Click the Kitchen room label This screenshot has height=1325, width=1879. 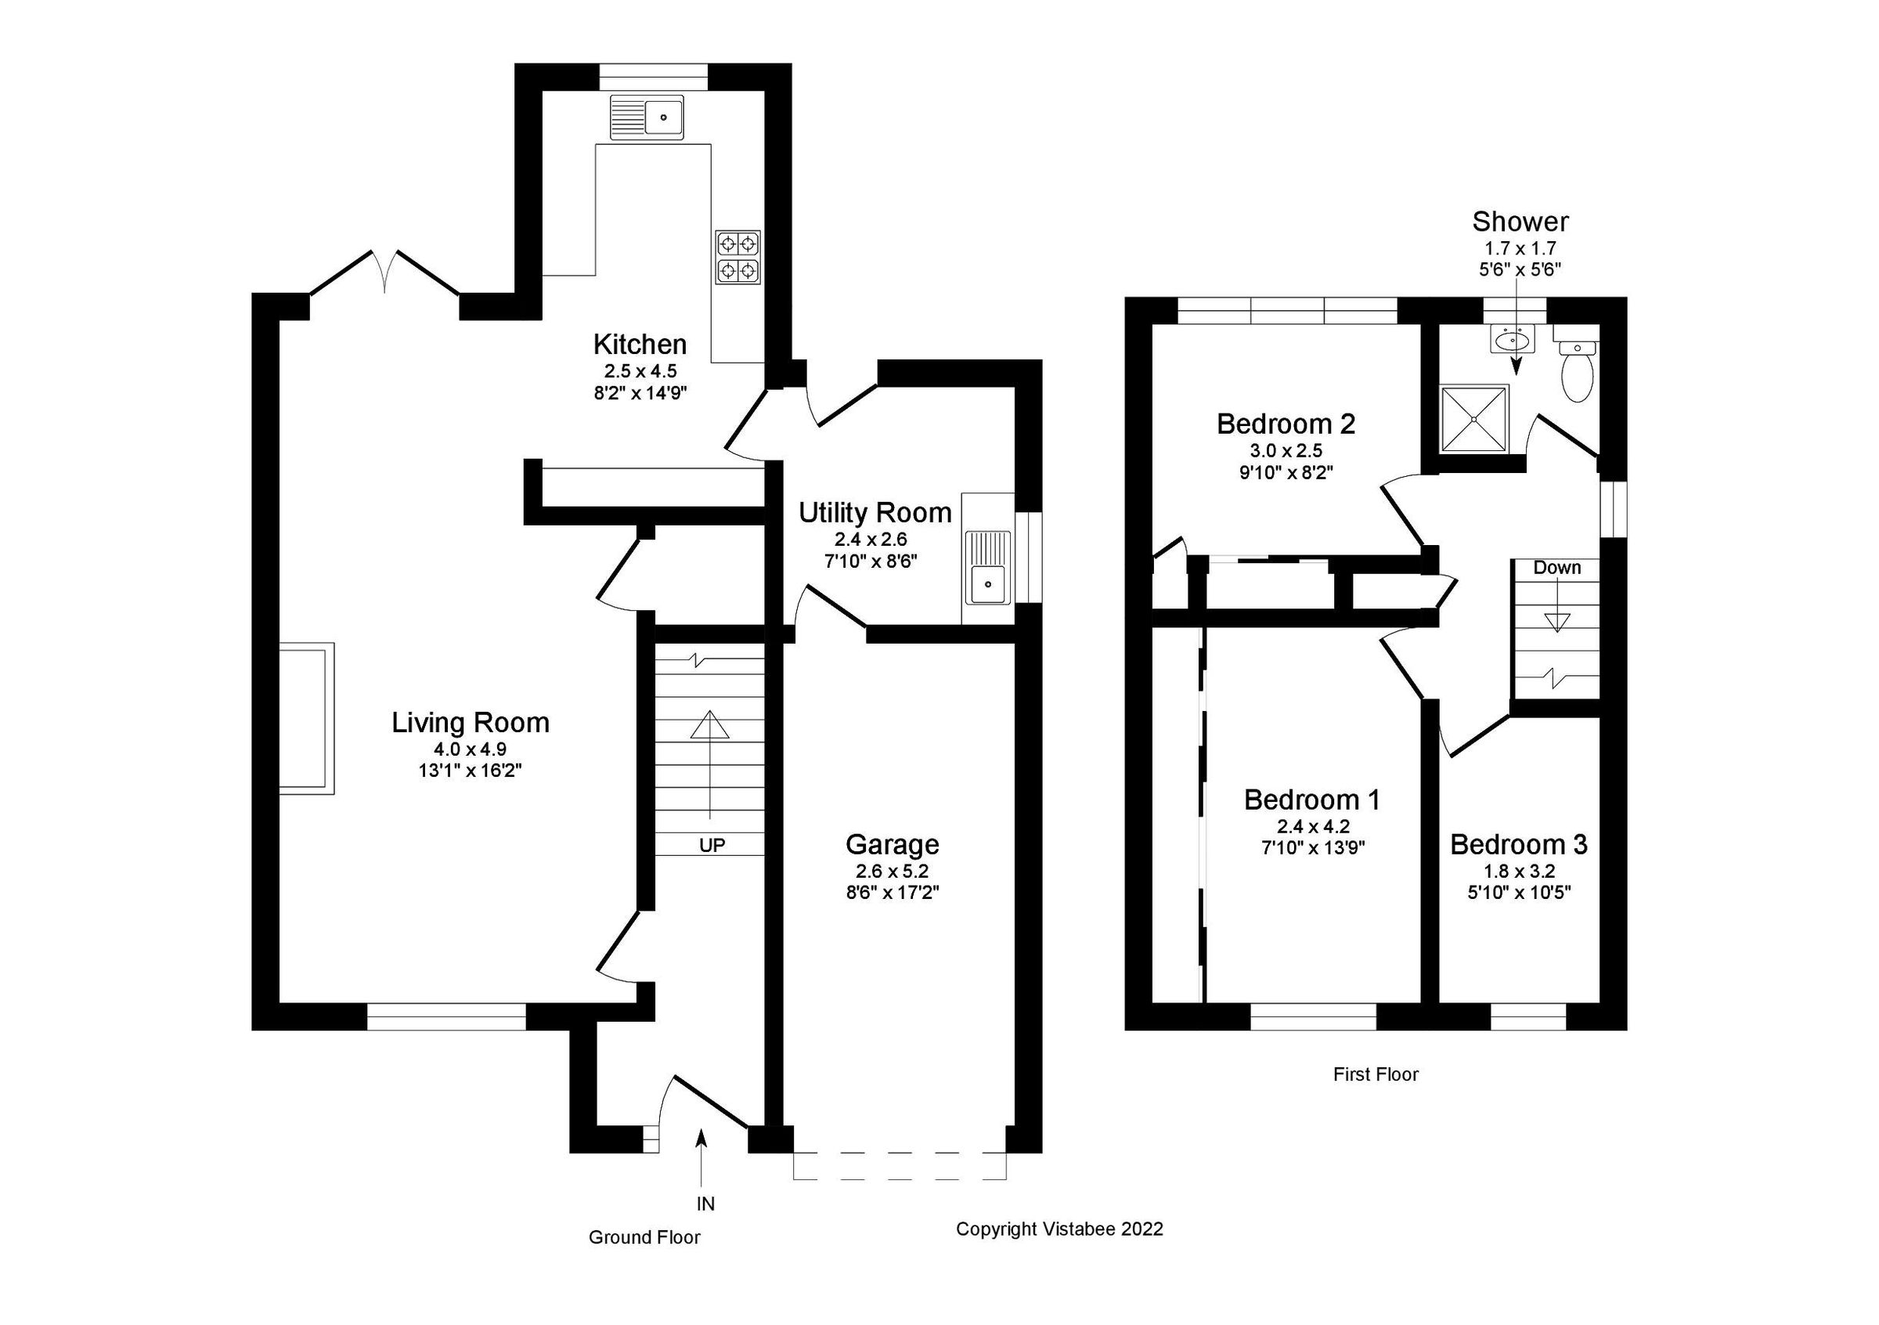click(x=639, y=344)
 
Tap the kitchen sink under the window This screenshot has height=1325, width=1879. click(x=647, y=117)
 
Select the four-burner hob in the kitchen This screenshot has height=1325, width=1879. click(x=738, y=257)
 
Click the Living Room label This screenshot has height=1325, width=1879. click(x=470, y=723)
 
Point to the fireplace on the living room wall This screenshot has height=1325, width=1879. click(x=307, y=718)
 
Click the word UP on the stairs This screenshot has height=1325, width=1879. click(x=711, y=845)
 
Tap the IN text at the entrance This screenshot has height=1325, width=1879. click(x=705, y=1203)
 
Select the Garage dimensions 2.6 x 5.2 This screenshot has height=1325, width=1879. click(x=891, y=871)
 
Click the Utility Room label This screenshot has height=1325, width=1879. click(x=874, y=513)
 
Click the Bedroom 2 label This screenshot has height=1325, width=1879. click(x=1285, y=424)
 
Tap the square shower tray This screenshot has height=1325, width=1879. click(x=1474, y=418)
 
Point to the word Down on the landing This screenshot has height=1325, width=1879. click(x=1556, y=568)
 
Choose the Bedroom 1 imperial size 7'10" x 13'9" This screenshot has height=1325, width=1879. click(x=1313, y=848)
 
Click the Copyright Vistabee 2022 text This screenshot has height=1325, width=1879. click(x=1059, y=1229)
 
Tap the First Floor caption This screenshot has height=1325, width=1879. click(x=1375, y=1074)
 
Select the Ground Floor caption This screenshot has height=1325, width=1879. click(x=644, y=1237)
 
